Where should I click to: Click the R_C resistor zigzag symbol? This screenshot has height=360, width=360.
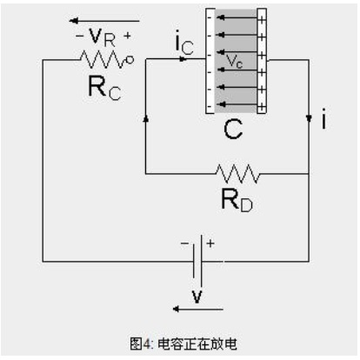coord(102,59)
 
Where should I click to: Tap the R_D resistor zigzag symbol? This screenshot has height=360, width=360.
coord(237,174)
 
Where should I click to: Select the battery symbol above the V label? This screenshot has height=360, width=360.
coord(197,261)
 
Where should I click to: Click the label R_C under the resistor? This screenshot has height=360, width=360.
coord(104,88)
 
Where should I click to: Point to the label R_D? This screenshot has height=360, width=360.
coord(237,200)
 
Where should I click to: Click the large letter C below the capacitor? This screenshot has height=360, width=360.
coord(233,130)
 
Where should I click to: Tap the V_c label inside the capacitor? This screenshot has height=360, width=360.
coord(234,61)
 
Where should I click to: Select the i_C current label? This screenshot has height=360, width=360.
coord(184,44)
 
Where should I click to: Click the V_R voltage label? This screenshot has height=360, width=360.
coord(102,37)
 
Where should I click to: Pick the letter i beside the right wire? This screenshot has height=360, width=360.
coord(324,118)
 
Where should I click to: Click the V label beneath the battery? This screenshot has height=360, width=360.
coord(197,297)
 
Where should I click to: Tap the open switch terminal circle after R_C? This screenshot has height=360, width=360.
coord(130,60)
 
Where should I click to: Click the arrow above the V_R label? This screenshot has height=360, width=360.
coord(104,21)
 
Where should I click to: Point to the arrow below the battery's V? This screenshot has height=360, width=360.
coord(198,309)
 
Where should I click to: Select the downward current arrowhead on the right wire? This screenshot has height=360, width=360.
coord(309,118)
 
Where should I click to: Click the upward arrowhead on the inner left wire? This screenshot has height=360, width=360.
coord(146,118)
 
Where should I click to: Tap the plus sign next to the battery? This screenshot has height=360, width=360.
coord(210,243)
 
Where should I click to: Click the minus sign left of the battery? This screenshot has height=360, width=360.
coord(184,243)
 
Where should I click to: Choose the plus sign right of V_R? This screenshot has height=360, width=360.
coord(127,36)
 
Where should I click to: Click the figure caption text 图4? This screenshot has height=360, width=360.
coord(141,344)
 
